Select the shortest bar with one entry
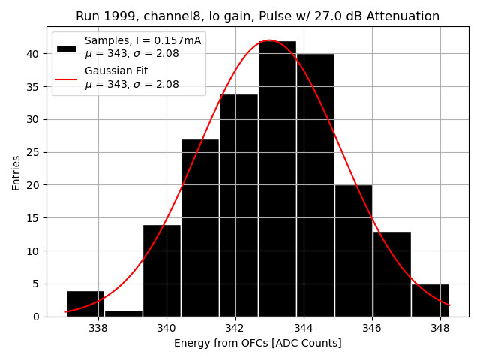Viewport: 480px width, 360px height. point(124,313)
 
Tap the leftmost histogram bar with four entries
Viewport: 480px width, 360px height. point(85,303)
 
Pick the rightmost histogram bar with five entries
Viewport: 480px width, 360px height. point(430,300)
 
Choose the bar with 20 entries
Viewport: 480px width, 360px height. point(353,250)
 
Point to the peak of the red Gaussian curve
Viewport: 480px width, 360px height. point(268,40)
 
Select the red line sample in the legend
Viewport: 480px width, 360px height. point(67,78)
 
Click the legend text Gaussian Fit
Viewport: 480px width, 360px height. point(116,70)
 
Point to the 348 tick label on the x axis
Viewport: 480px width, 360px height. point(440,328)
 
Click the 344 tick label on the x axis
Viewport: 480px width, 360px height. point(304,328)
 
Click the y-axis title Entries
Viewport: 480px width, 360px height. point(16,173)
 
